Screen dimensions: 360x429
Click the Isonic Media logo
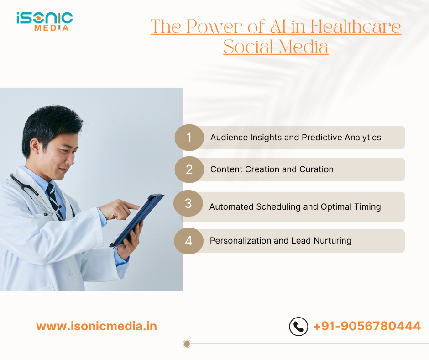44,21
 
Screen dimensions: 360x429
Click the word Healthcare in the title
356,27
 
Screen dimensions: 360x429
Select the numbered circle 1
189,138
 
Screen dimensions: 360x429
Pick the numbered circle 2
189,169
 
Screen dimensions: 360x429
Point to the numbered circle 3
188,204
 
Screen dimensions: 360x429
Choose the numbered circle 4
188,241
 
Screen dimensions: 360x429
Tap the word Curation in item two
316,169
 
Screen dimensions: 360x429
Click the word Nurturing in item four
332,241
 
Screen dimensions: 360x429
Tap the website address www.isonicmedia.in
96,326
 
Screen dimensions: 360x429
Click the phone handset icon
298,327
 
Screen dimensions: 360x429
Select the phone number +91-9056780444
367,326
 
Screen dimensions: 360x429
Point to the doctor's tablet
137,219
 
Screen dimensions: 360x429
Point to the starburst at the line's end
186,344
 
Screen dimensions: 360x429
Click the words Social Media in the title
276,47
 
